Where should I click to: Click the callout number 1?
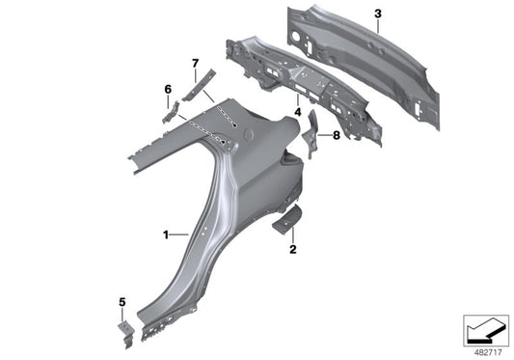(166, 235)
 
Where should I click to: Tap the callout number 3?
(379, 14)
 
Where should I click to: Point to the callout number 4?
(298, 113)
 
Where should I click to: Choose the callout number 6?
(168, 90)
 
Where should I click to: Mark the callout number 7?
(195, 65)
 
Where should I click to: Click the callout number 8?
(336, 135)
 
